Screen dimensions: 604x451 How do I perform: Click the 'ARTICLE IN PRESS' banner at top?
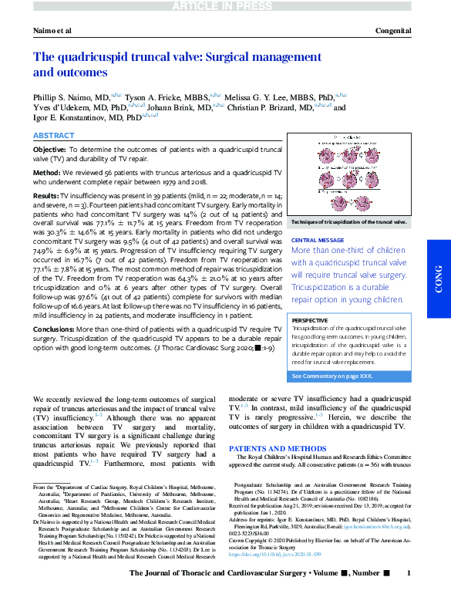(x=225, y=6)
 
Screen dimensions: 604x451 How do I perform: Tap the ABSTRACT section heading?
(x=53, y=135)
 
